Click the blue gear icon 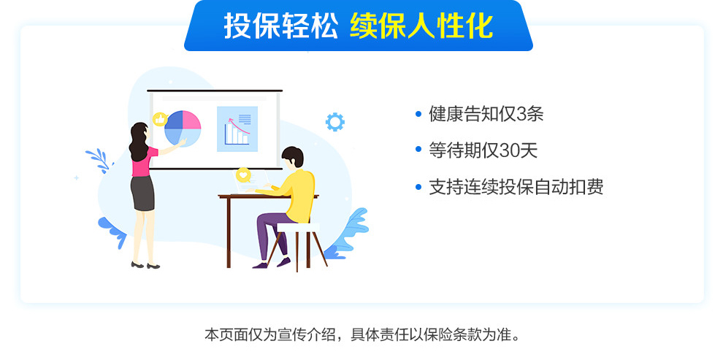pos(334,121)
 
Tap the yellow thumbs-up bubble pos(159,119)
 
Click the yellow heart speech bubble pos(243,175)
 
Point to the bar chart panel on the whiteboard pos(237,129)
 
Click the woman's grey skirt pos(142,192)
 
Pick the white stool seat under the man pos(298,228)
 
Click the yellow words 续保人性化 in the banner pos(421,27)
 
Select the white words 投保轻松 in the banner pos(280,27)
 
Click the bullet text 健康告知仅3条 pos(486,114)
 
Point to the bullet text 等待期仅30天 pos(483,150)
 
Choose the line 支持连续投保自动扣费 pos(516,187)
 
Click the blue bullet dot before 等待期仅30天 pos(418,150)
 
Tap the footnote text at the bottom pos(361,336)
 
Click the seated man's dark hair pos(293,156)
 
